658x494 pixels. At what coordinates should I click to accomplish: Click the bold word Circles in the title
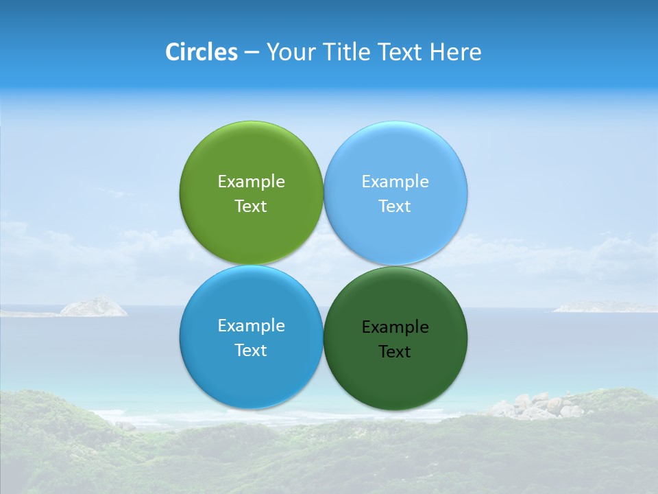click(x=201, y=52)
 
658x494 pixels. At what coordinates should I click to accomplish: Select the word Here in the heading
click(x=455, y=52)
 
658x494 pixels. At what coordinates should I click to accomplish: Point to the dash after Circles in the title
click(x=252, y=53)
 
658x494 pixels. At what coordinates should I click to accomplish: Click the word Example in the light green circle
click(x=251, y=181)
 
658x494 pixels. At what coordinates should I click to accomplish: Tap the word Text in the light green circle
click(x=251, y=206)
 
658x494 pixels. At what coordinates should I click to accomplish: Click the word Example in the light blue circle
click(x=395, y=181)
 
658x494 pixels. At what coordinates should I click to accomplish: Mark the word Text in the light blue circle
click(x=395, y=206)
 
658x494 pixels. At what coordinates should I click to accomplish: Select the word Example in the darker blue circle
click(x=251, y=325)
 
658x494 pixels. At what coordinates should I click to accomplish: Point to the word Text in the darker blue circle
click(x=251, y=350)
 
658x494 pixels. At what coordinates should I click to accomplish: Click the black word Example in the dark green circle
click(x=395, y=327)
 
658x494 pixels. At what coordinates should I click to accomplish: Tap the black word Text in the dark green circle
click(x=395, y=351)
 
